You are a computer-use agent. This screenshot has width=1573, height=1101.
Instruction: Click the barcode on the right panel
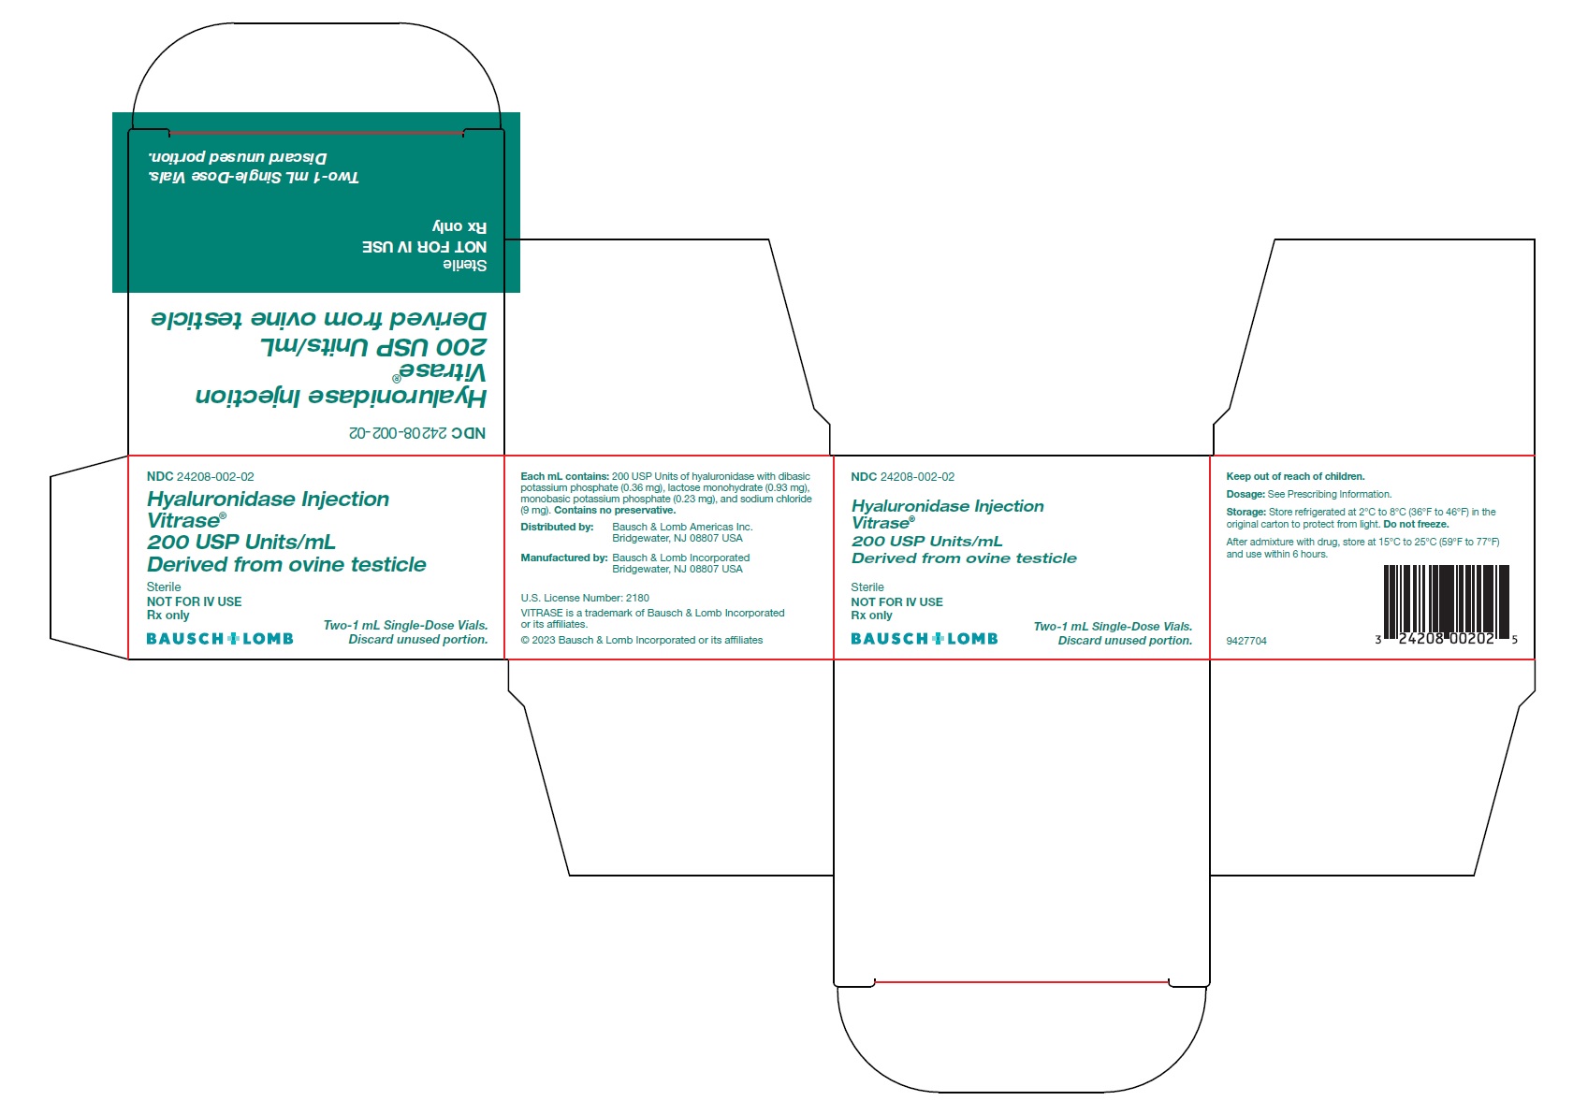point(1446,602)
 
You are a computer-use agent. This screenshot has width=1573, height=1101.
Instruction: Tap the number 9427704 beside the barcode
point(1245,641)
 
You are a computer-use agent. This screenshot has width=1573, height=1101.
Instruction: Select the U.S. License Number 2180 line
point(584,598)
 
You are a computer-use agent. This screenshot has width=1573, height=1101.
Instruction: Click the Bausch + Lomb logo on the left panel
point(220,639)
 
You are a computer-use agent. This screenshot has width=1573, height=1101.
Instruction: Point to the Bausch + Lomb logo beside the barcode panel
point(924,639)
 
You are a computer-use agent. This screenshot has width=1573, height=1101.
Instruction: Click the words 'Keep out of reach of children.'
point(1295,476)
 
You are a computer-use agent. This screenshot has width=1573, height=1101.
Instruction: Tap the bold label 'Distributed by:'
point(557,527)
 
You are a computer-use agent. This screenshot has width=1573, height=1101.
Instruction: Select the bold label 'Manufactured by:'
point(563,558)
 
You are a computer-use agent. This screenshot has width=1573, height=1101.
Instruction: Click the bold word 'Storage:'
point(1245,512)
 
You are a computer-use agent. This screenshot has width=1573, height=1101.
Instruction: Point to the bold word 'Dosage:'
point(1245,494)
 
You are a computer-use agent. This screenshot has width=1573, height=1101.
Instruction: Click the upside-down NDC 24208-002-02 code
point(417,433)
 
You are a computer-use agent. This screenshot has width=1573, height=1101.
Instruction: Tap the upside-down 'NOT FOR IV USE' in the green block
point(424,247)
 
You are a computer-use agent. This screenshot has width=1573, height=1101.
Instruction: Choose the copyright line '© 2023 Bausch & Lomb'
point(641,640)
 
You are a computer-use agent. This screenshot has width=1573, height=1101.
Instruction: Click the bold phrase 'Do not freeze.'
point(1416,524)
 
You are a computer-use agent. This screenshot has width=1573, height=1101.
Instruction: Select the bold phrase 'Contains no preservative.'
point(615,510)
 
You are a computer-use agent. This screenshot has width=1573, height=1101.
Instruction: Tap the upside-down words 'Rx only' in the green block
point(459,226)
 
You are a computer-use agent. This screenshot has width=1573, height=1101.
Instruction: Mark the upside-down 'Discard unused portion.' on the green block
point(238,157)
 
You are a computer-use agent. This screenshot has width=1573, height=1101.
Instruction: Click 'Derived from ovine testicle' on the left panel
point(286,564)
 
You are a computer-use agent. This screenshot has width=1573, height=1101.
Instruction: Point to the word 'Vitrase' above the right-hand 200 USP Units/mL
point(880,523)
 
